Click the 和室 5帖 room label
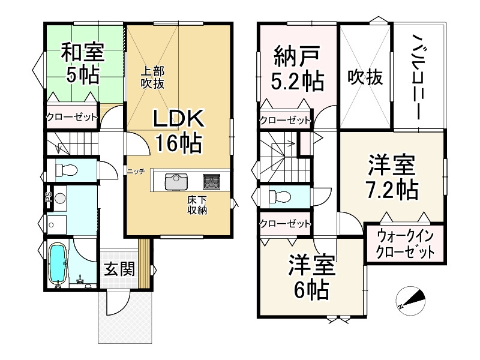[x=83, y=64]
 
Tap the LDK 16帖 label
[x=178, y=131]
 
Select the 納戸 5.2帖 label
[x=298, y=68]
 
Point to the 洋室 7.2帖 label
[x=392, y=176]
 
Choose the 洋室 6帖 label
[x=312, y=277]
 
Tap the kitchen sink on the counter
[x=176, y=182]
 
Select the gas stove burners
[x=211, y=182]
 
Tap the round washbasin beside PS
[x=60, y=199]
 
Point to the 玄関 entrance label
[x=119, y=269]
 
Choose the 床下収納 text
[x=197, y=205]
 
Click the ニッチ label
[x=136, y=172]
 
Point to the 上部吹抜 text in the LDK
[x=152, y=78]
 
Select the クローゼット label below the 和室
[x=71, y=117]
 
